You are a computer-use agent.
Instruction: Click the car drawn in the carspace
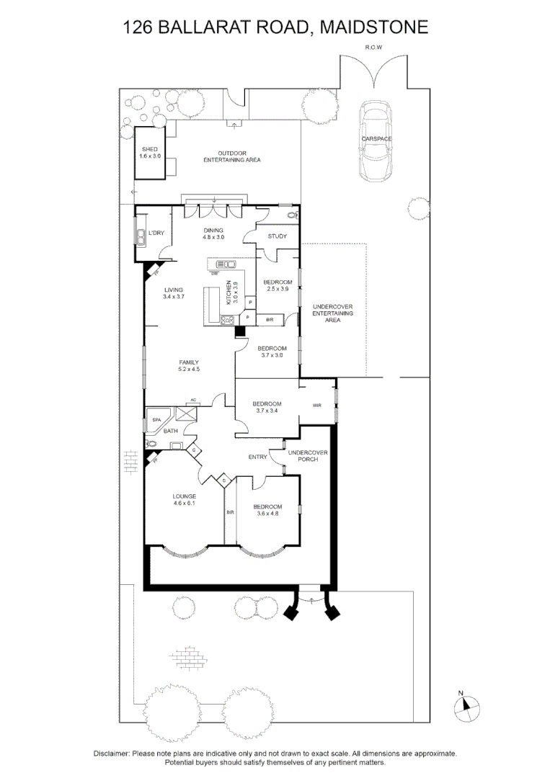click(x=376, y=141)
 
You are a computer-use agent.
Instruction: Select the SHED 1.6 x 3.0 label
click(x=150, y=153)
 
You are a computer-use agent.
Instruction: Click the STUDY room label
click(x=278, y=236)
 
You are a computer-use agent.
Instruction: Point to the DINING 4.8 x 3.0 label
click(x=213, y=233)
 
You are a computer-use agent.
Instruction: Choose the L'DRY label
click(x=156, y=233)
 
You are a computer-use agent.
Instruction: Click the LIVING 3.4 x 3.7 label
click(x=174, y=293)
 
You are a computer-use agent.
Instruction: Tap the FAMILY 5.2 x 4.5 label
click(x=189, y=366)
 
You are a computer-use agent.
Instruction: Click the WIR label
click(x=317, y=406)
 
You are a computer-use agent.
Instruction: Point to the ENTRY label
click(x=257, y=457)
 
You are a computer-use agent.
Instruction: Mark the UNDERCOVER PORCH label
click(x=308, y=456)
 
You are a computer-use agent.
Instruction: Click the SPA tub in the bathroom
click(x=156, y=418)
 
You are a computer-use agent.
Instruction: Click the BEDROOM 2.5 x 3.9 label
click(x=277, y=285)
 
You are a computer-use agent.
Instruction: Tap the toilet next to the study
click(x=292, y=214)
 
